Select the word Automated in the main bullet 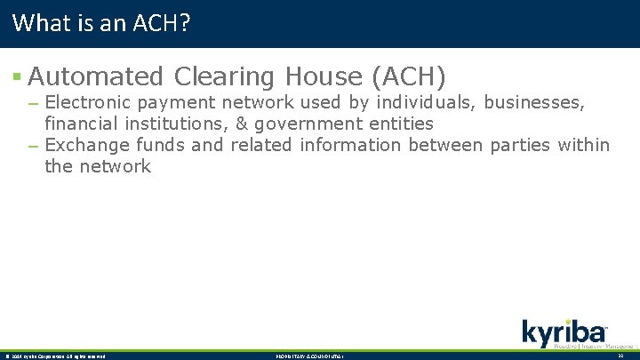coord(96,76)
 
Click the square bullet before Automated coord(18,78)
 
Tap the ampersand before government coord(242,123)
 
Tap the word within coord(583,144)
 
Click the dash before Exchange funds coord(33,145)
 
